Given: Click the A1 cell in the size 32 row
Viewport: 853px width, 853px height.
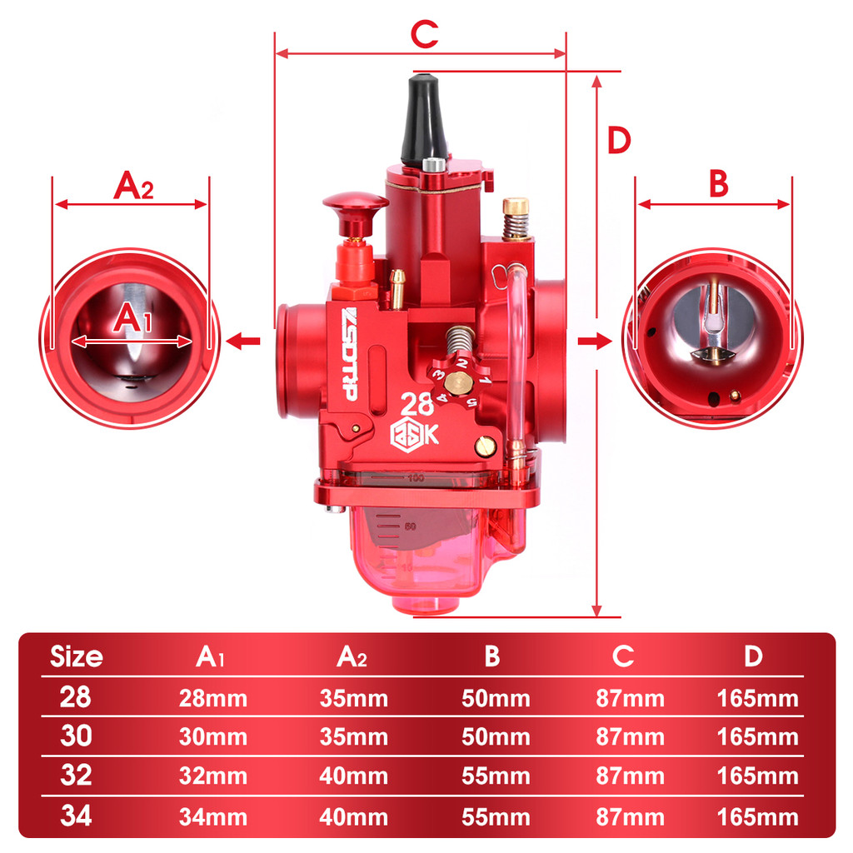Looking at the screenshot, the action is tap(212, 776).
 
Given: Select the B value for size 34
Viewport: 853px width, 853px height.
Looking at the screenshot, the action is tap(496, 817).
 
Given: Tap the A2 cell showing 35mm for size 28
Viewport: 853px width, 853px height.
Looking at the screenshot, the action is tap(353, 699).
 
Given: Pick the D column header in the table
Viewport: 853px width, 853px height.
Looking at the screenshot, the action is tap(753, 656).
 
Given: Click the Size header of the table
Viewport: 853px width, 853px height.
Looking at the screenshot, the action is tap(76, 657).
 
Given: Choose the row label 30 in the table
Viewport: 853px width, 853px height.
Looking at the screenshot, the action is tap(76, 736).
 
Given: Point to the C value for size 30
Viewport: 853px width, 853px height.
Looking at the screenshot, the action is tap(630, 737).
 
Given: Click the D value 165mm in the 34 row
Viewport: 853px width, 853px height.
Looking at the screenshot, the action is tap(758, 817).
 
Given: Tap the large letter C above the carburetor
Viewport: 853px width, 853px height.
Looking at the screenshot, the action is tap(424, 34).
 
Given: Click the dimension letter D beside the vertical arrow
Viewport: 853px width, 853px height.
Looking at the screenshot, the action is tap(619, 140).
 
